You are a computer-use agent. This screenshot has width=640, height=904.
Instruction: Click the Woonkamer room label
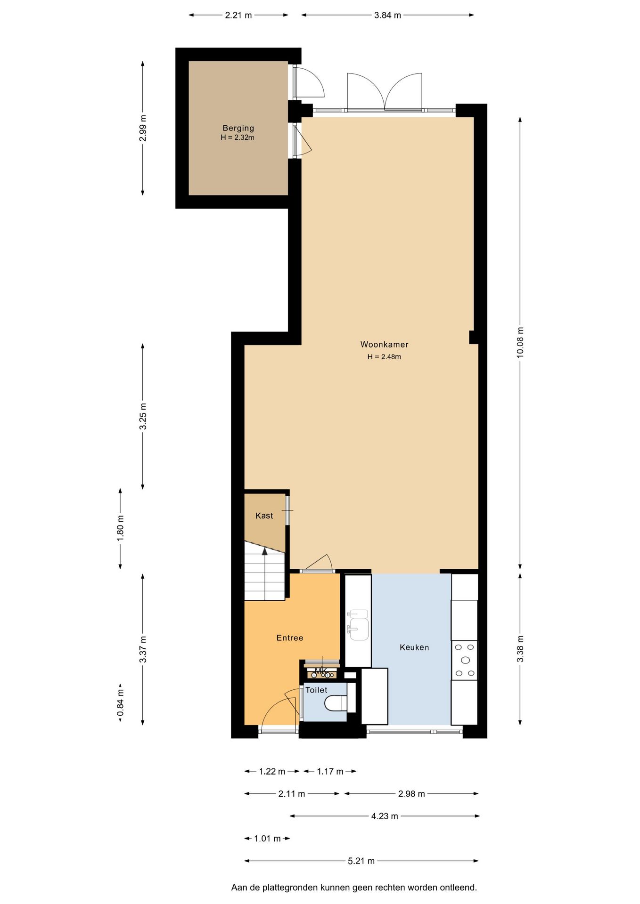pos(384,345)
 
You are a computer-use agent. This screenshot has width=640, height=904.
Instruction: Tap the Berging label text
pos(238,128)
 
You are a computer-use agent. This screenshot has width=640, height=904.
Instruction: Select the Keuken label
pos(414,647)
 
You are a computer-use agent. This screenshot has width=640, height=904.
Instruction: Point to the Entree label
pos(290,638)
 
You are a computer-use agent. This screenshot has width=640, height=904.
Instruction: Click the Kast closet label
pos(264,516)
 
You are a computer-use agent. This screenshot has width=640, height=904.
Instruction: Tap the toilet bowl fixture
pos(336,703)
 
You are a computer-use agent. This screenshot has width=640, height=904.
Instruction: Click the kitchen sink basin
pos(359,629)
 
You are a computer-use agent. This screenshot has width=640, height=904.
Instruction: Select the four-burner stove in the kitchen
pos(465,660)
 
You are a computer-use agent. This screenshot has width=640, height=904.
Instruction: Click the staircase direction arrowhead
pos(265,551)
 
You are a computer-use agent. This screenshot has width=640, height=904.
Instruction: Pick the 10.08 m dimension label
pos(520,342)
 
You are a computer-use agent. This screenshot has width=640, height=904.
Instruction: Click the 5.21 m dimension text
pos(361,861)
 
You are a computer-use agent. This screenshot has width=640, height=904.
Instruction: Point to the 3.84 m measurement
pos(388,15)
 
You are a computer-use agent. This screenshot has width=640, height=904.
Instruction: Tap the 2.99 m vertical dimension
pos(143,128)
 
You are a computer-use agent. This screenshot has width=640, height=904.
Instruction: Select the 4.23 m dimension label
pos(385,816)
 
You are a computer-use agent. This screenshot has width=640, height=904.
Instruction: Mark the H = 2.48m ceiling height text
pos(384,357)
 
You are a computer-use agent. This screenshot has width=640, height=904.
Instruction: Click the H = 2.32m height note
pos(238,137)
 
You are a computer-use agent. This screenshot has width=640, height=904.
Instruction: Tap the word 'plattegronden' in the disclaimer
pos(290,888)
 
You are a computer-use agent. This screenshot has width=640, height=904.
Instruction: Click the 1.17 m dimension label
pos(330,771)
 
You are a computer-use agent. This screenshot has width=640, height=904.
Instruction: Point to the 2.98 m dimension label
pos(411,794)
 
